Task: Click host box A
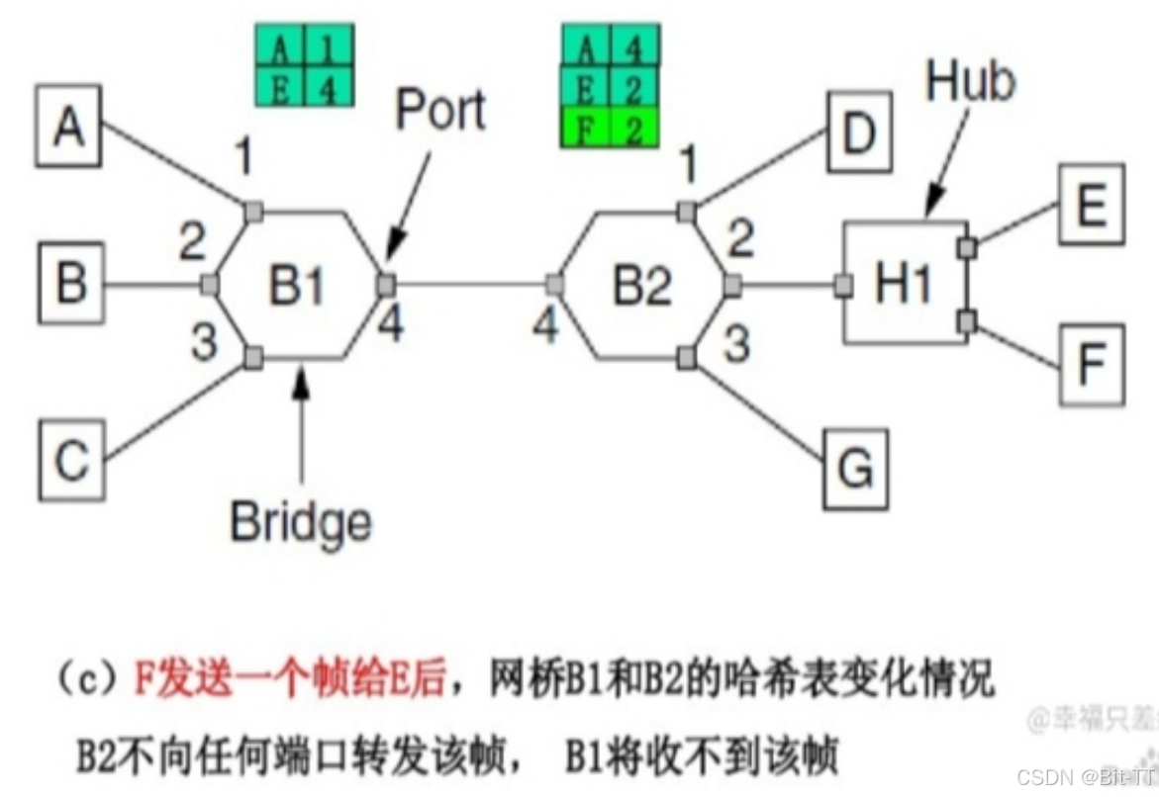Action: click(68, 128)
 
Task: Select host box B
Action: click(70, 283)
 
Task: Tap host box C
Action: click(70, 460)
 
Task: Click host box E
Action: click(1092, 206)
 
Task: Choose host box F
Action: click(1092, 364)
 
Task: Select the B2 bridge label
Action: click(642, 285)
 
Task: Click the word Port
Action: click(440, 112)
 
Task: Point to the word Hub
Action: click(970, 83)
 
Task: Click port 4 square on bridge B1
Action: click(386, 285)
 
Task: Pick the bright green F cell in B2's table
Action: click(586, 131)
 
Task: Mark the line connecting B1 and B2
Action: click(470, 285)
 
